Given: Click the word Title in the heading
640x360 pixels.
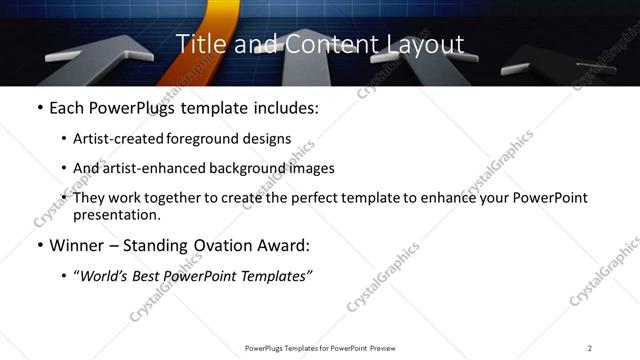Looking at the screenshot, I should click(x=198, y=44).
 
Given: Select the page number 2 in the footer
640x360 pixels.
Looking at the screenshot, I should click(x=590, y=348).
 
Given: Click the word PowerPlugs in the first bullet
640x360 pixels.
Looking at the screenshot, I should click(x=132, y=107).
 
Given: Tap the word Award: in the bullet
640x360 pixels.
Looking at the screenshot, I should click(x=284, y=245).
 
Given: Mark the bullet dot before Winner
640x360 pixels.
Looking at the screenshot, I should click(x=39, y=245).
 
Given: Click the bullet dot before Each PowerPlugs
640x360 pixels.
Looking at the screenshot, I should click(x=39, y=107).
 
